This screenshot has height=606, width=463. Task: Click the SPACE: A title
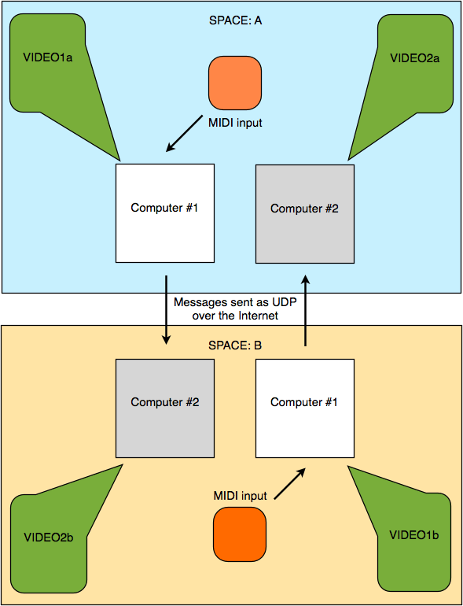tap(235, 20)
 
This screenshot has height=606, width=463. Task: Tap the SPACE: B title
tap(235, 345)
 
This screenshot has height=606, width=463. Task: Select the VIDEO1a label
tap(48, 58)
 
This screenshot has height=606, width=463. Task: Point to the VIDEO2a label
tap(415, 58)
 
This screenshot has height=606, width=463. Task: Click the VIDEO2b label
tap(49, 538)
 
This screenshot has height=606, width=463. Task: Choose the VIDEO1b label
tap(414, 535)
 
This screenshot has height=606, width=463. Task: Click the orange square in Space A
tap(235, 83)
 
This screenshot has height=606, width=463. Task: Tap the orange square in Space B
tap(240, 534)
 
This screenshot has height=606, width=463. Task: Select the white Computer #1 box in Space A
tap(165, 213)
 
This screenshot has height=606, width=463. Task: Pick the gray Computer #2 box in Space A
tap(305, 214)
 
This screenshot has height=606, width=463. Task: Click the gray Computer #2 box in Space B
tap(165, 408)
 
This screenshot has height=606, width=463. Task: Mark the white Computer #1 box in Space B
tap(305, 408)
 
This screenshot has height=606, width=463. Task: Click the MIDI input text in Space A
tap(235, 123)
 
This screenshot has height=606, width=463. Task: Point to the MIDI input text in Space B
tap(241, 496)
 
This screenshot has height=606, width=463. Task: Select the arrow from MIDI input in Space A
tap(185, 133)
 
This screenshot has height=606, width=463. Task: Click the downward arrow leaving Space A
tap(166, 309)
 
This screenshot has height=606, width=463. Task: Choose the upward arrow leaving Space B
tap(306, 310)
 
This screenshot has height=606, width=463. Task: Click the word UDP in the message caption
tap(286, 302)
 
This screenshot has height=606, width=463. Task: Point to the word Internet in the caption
tap(258, 316)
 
